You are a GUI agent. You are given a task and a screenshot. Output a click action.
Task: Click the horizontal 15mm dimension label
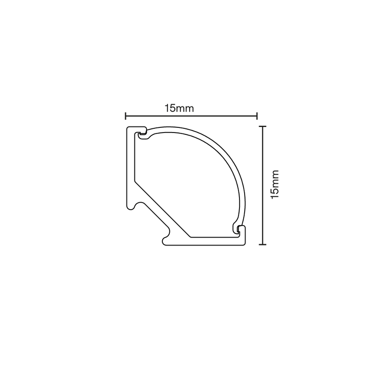[179, 108]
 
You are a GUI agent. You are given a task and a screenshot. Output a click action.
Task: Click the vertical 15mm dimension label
[275, 184]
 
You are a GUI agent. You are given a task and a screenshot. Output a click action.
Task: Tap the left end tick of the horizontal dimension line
[126, 116]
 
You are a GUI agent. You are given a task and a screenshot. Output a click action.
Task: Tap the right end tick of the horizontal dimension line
[257, 116]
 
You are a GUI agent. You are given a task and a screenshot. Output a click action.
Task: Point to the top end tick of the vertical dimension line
[262, 126]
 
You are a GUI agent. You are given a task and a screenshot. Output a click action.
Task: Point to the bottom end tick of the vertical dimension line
[262, 245]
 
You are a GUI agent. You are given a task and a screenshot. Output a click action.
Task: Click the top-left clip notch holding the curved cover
[142, 134]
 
